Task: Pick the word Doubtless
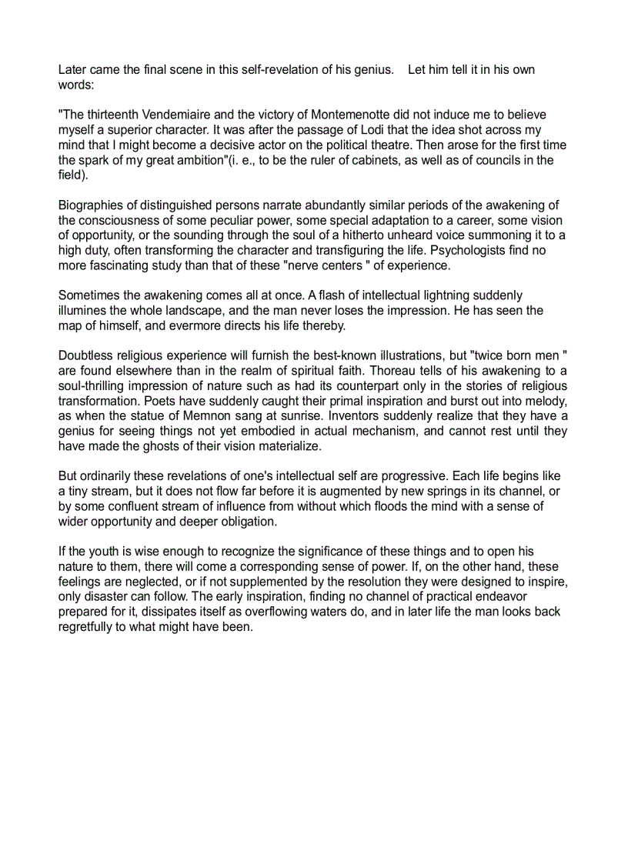(87, 356)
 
